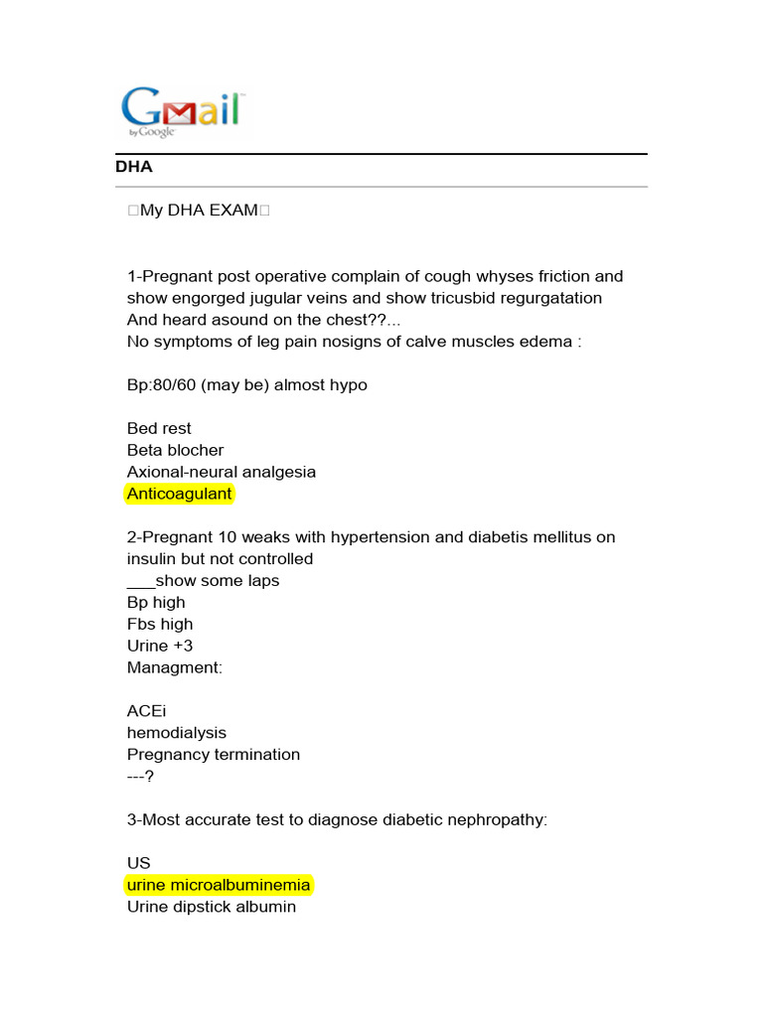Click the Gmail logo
(x=182, y=110)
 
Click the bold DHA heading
(x=134, y=168)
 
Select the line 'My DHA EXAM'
(x=199, y=211)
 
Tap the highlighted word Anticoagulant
(x=179, y=494)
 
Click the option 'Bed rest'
(x=159, y=428)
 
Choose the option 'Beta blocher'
(x=175, y=450)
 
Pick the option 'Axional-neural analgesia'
(x=221, y=472)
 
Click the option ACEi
(x=147, y=711)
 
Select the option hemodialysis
(x=176, y=733)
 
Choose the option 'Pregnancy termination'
(x=213, y=755)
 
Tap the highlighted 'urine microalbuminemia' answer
(x=219, y=885)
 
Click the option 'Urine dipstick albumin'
(x=211, y=907)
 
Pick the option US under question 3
(x=138, y=863)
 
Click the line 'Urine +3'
(x=160, y=646)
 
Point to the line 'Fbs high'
(x=160, y=624)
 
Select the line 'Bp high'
(x=156, y=602)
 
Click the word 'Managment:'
(x=175, y=667)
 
